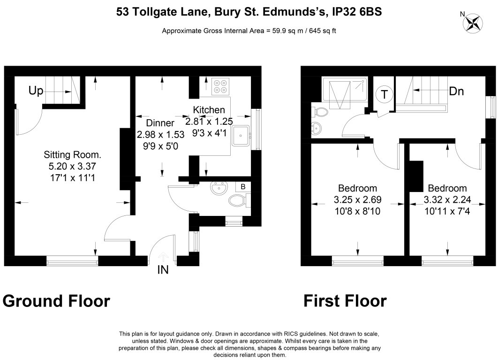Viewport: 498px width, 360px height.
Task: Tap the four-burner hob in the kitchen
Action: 220,86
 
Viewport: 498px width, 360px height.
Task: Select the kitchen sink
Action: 241,136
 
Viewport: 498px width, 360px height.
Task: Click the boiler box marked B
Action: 243,187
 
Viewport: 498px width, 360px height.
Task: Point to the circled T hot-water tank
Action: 385,94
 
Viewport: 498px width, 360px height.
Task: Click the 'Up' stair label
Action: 36,91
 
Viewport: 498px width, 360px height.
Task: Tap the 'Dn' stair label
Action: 456,92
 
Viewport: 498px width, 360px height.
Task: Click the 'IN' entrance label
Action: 163,270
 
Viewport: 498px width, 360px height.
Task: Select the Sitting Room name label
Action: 72,155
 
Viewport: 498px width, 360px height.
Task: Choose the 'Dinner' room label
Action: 160,123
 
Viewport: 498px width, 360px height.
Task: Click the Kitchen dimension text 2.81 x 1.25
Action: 209,122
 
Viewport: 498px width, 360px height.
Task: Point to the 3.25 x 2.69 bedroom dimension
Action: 358,200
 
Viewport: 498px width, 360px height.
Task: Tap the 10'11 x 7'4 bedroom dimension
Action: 447,211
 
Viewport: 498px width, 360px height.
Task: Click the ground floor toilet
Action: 239,200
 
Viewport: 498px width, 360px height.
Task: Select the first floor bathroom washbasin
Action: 317,129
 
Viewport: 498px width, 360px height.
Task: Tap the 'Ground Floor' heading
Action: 57,301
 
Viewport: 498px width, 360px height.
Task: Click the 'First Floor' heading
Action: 345,301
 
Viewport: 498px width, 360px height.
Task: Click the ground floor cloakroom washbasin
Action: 219,188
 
